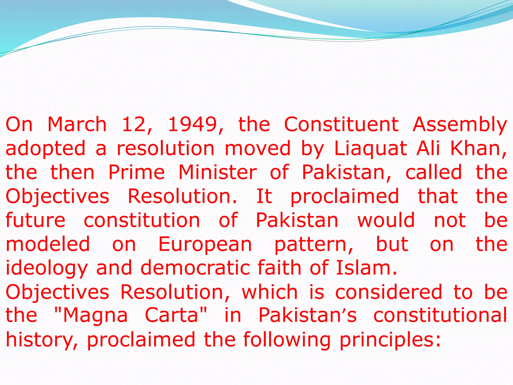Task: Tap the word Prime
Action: point(137,172)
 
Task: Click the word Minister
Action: point(217,172)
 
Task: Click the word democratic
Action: point(195,268)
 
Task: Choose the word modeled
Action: point(48,244)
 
